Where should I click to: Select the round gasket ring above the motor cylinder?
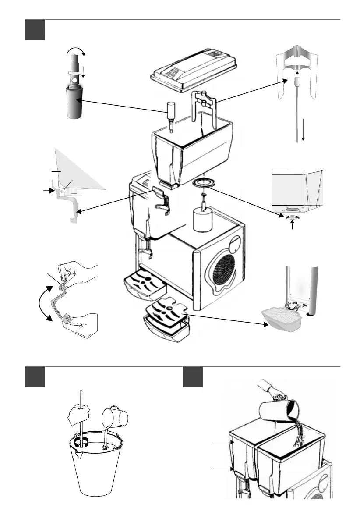(x=202, y=182)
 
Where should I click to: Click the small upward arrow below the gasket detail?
(x=292, y=227)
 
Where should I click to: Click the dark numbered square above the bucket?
(x=35, y=377)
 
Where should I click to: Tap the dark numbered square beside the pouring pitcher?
(x=193, y=377)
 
